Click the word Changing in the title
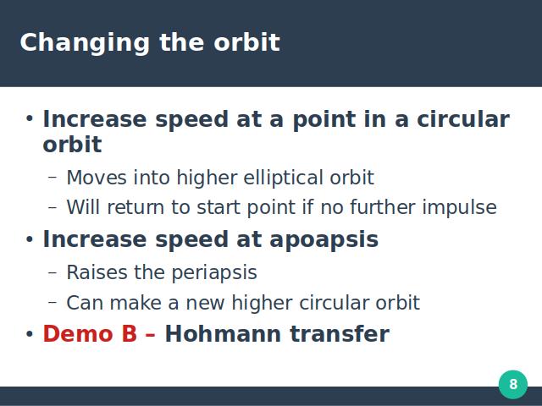[85, 44]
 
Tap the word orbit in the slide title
[246, 42]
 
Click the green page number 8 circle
[513, 385]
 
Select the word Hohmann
[223, 334]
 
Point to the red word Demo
[78, 334]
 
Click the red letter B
[130, 334]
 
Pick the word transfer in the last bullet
[340, 334]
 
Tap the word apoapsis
[324, 240]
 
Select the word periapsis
[214, 273]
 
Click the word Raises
[97, 272]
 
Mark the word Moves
[97, 178]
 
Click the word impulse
[460, 208]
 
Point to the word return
[135, 207]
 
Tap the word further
[383, 206]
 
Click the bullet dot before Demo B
[30, 334]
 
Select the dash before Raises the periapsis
[53, 272]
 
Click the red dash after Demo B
[151, 335]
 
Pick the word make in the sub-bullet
[135, 303]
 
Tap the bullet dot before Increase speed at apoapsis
[30, 239]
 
